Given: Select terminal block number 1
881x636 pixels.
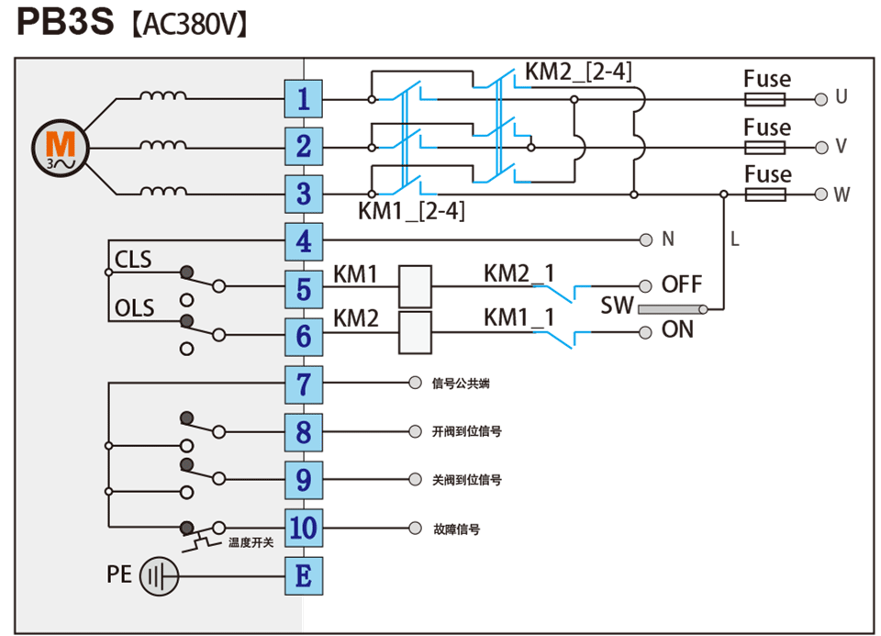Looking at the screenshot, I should pyautogui.click(x=304, y=98).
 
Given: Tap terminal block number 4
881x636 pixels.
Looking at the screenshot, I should pyautogui.click(x=304, y=242).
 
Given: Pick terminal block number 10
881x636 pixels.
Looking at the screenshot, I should pyautogui.click(x=304, y=528).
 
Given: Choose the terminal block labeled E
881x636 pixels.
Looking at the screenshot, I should pyautogui.click(x=304, y=576).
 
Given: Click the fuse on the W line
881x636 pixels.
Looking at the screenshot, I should pyautogui.click(x=766, y=195).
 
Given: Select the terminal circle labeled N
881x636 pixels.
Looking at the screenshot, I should pyautogui.click(x=645, y=240).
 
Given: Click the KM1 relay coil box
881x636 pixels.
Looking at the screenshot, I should pyautogui.click(x=415, y=285).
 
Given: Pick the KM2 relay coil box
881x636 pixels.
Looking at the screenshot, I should pyautogui.click(x=415, y=332).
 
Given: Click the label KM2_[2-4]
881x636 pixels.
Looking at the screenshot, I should pyautogui.click(x=578, y=72).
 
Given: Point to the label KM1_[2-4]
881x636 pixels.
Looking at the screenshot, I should pyautogui.click(x=412, y=212).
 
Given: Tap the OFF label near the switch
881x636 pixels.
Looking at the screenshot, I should pyautogui.click(x=682, y=285).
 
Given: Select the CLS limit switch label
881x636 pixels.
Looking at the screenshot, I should pyautogui.click(x=133, y=260).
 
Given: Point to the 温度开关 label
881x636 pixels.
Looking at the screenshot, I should pyautogui.click(x=251, y=543).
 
